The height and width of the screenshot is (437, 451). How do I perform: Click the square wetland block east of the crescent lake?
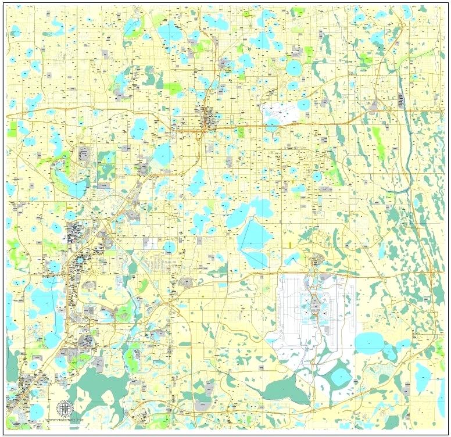(x=106, y=166)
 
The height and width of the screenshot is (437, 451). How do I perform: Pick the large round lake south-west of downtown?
(x=163, y=155)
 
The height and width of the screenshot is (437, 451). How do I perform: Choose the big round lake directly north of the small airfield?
(x=294, y=69)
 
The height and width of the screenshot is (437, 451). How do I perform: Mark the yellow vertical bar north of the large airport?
(x=289, y=244)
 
